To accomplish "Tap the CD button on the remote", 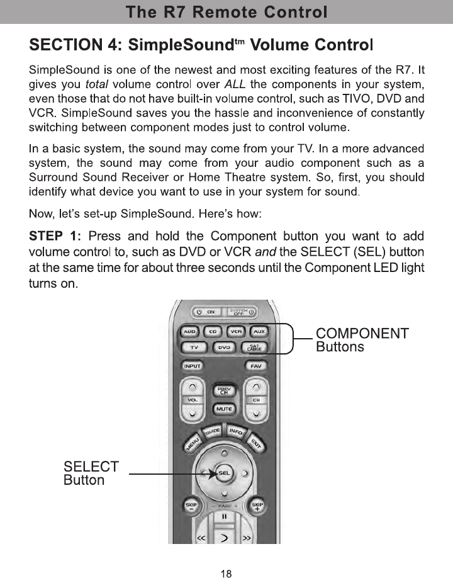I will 213,331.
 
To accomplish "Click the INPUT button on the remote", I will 191,366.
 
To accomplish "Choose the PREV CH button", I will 223,391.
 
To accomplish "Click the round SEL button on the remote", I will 224,473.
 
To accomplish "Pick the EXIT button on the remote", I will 256,446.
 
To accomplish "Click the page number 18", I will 226,573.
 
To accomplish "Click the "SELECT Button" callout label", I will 91,473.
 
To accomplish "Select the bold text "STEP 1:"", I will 55,237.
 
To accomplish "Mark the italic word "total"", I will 96,84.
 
